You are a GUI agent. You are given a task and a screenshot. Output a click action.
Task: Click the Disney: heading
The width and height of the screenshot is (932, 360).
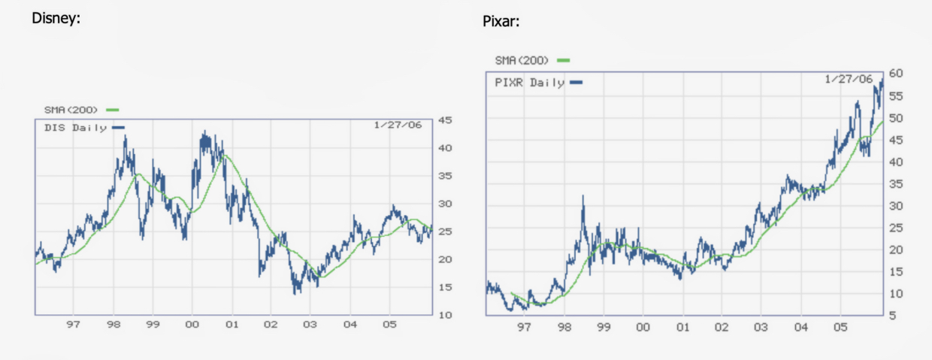[x=56, y=18]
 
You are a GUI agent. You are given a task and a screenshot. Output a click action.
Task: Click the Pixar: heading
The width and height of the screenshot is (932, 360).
[x=501, y=21]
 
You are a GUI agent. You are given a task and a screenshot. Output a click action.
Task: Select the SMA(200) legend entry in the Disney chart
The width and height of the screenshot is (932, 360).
[x=71, y=110]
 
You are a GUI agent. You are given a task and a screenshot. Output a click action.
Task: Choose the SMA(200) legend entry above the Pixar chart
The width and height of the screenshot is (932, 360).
[x=522, y=59]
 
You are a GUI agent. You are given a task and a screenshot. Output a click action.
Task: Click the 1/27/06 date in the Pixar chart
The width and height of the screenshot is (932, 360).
[x=848, y=79]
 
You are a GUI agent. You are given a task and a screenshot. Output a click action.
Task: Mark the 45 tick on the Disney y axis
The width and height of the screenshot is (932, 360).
[x=444, y=120]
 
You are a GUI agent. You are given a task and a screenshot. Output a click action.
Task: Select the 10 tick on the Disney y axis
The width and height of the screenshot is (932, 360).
[x=444, y=315]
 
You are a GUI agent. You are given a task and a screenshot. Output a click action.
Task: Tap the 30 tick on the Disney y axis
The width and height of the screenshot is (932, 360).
[x=444, y=204]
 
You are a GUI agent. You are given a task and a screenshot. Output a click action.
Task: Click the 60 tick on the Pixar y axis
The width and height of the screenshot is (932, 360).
[x=895, y=74]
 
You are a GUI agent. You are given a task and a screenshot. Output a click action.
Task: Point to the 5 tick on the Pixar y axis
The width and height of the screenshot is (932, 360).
[x=892, y=316]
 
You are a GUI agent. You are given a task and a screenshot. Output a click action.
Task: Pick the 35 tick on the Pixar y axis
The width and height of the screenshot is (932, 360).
[x=895, y=184]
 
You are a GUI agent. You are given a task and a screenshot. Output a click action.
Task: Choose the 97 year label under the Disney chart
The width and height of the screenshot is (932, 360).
[x=73, y=325]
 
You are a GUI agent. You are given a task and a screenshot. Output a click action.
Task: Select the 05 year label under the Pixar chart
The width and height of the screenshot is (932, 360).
[x=840, y=328]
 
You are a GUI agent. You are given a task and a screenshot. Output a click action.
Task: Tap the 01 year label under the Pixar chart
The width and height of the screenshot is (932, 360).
[x=682, y=328]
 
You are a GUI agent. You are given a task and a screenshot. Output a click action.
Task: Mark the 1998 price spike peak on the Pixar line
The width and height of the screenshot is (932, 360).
[x=582, y=196]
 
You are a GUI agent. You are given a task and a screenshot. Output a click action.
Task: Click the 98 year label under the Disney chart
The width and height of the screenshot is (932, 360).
[x=113, y=325]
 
